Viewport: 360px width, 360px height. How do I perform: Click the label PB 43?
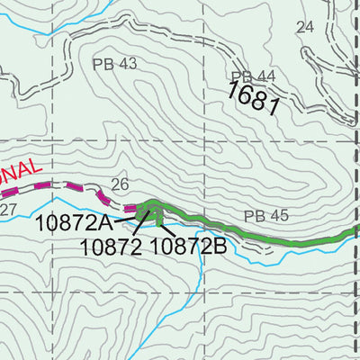[114, 63]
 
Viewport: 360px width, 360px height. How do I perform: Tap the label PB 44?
[252, 77]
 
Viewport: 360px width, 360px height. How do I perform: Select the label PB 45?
[266, 216]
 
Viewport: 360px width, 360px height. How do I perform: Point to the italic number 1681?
[254, 96]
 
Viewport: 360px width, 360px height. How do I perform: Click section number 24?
[305, 27]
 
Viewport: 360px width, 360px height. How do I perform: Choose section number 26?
[120, 184]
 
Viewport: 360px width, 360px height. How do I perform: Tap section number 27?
[8, 211]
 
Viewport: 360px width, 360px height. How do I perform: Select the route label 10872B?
[187, 245]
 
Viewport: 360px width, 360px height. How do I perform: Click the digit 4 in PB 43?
[122, 63]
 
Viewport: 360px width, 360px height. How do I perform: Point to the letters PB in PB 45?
[254, 216]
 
